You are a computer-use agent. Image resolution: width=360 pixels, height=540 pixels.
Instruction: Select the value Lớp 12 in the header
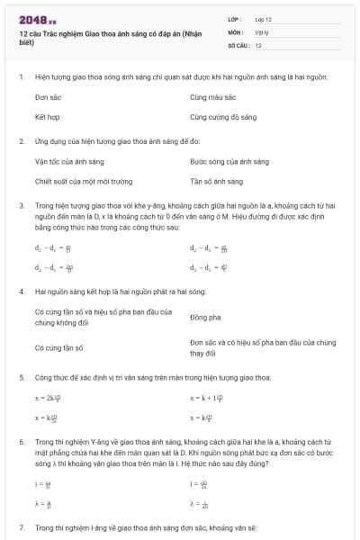(x=263, y=18)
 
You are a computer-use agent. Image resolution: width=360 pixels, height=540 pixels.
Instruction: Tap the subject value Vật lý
(x=262, y=31)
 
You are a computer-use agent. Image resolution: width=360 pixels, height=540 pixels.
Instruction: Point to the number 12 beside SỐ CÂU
(x=258, y=45)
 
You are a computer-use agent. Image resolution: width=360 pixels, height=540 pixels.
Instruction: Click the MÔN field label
(x=236, y=31)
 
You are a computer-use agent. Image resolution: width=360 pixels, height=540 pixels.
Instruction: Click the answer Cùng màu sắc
(x=212, y=96)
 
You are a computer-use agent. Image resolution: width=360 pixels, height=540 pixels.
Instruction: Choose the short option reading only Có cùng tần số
(x=58, y=347)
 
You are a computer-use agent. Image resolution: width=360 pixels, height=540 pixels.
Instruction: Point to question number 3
(x=21, y=206)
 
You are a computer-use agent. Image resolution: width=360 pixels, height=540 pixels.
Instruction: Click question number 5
(x=21, y=379)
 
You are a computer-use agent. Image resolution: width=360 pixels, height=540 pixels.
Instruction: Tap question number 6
(x=21, y=443)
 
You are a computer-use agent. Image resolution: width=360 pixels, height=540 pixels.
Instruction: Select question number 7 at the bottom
(x=21, y=526)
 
